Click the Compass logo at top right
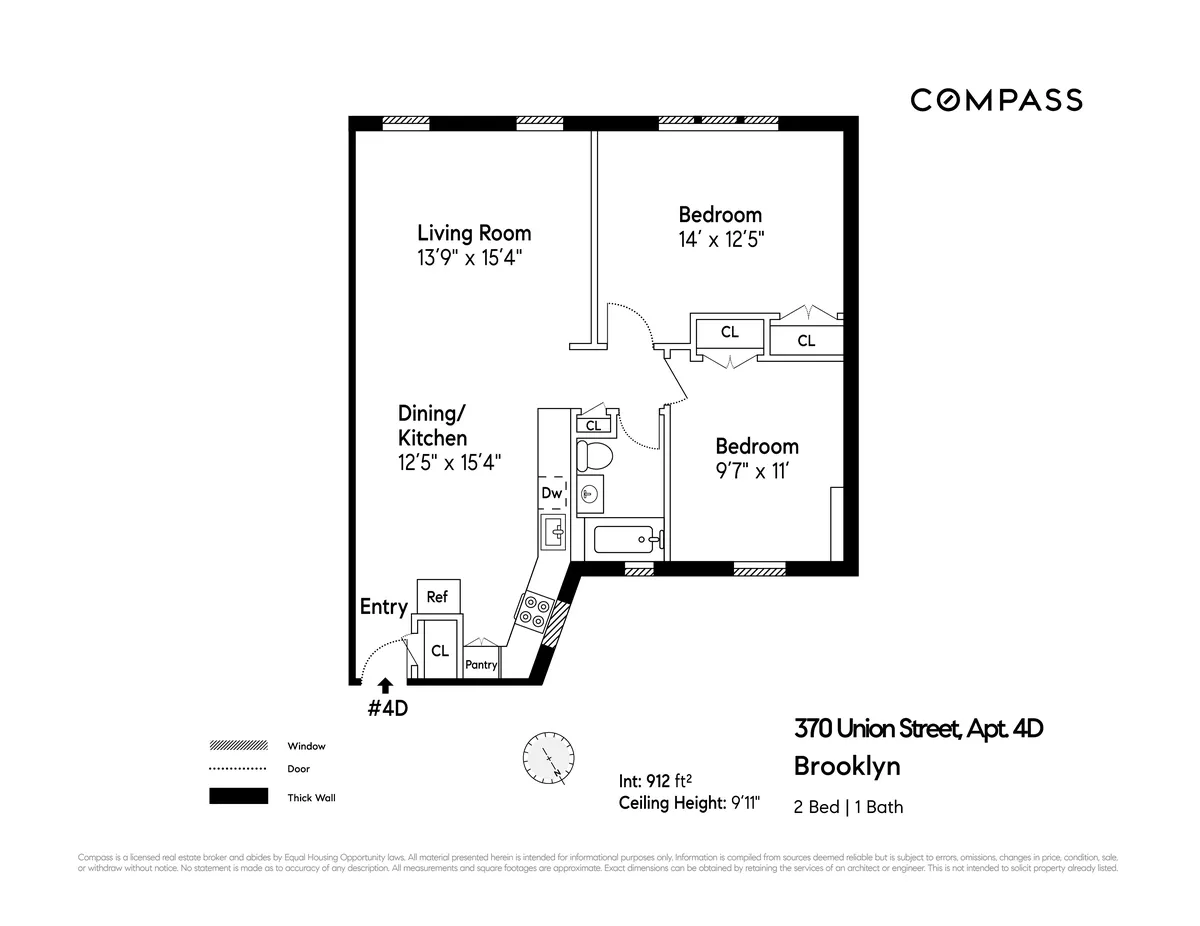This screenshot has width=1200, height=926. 996,100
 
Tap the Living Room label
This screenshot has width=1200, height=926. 474,233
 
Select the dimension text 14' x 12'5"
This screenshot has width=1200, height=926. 720,240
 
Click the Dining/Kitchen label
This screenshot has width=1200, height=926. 432,425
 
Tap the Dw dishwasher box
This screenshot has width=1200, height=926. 551,493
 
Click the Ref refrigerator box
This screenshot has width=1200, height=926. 437,597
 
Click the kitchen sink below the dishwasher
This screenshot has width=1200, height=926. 553,533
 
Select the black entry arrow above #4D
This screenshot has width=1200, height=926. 385,684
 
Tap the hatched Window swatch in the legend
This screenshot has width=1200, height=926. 238,746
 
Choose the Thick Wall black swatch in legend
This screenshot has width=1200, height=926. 238,797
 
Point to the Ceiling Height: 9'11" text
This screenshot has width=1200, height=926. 690,804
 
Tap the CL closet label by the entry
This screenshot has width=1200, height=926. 439,650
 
